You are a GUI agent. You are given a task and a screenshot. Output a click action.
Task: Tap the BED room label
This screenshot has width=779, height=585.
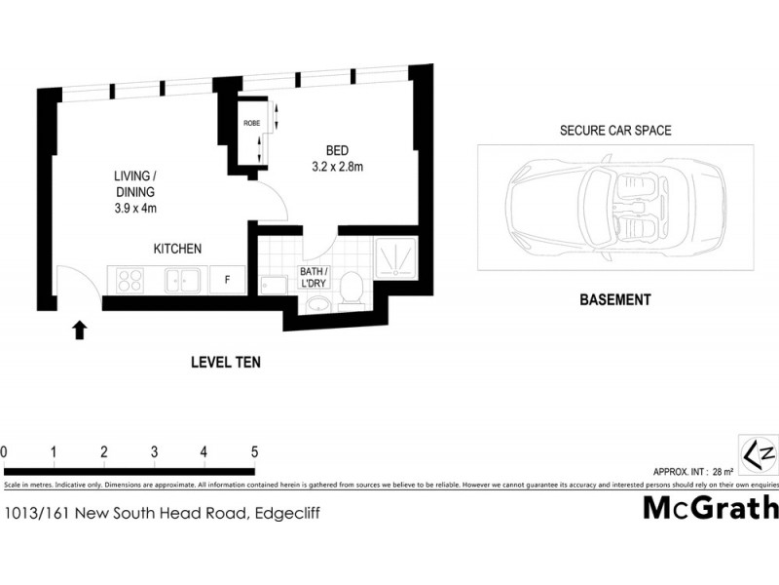pos(337,150)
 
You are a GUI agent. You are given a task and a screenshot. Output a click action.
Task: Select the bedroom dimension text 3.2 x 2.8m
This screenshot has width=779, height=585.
pos(337,168)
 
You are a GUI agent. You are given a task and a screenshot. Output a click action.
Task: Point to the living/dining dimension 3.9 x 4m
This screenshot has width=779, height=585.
pos(135,209)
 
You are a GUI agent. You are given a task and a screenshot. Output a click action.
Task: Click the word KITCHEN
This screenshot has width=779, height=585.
pos(177,250)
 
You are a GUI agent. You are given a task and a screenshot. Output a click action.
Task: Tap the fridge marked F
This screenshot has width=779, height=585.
pos(227,280)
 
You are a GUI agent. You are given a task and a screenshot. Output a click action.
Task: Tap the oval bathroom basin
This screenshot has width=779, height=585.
pos(317,303)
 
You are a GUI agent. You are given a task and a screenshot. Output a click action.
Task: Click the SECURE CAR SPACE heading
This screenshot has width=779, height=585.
pos(614,131)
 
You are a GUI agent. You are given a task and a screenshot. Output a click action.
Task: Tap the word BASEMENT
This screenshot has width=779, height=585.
pos(614,300)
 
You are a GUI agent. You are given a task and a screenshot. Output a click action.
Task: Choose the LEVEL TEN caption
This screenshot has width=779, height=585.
pos(225,362)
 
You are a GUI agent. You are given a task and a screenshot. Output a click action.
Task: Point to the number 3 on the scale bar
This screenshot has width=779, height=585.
pos(154,451)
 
